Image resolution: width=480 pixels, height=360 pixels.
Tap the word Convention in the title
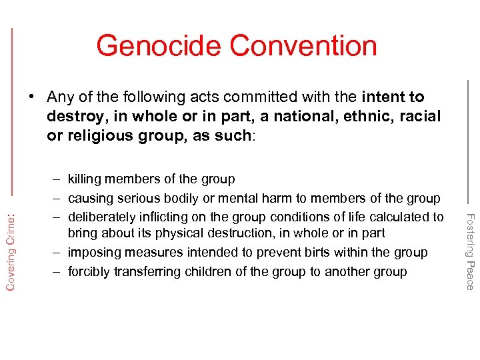click(x=303, y=45)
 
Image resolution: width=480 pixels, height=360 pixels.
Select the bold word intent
click(x=383, y=97)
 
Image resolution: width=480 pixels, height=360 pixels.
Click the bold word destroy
click(x=75, y=117)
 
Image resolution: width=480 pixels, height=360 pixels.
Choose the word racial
click(x=420, y=117)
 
